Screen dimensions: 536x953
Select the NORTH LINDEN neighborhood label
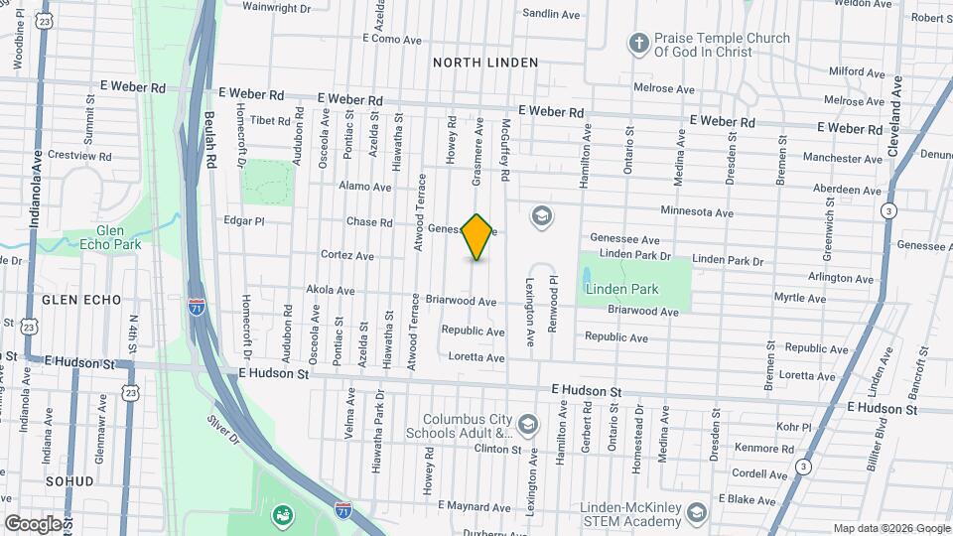point(485,63)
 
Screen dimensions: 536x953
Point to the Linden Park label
point(621,289)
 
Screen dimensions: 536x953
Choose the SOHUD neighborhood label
point(68,480)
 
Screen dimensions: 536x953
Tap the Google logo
point(34,523)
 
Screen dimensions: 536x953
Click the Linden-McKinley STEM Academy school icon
point(697,512)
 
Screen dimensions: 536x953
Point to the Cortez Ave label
point(346,255)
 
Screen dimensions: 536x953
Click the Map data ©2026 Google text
point(889,528)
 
